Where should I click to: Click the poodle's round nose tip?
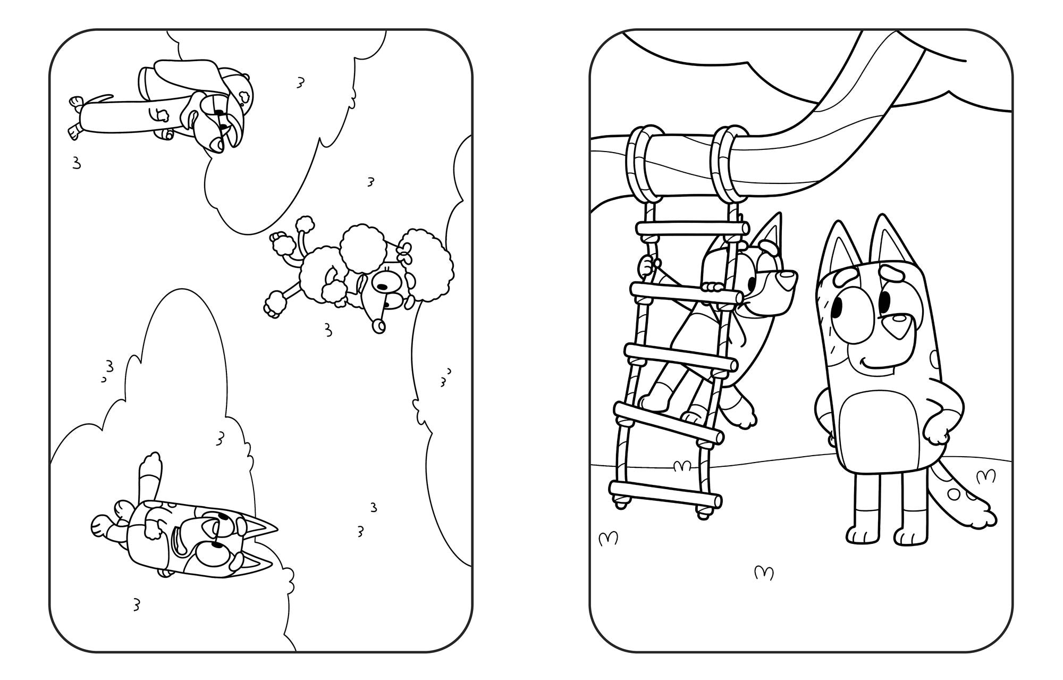[x=379, y=326]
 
